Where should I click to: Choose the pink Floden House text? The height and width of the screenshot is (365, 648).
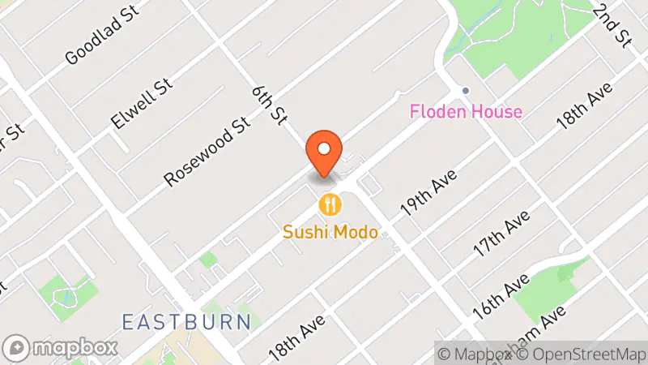[466, 112]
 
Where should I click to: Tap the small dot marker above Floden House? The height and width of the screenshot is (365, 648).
[465, 90]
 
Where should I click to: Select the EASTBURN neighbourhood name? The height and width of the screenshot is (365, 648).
[186, 321]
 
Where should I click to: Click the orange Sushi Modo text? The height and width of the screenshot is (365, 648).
[330, 233]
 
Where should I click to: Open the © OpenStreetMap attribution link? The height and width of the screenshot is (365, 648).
[583, 354]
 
